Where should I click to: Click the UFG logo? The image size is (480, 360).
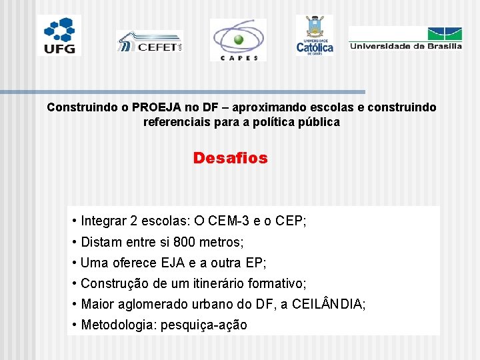(59, 35)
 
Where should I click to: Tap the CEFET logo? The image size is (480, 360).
(149, 41)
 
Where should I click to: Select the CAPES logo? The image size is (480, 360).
(237, 39)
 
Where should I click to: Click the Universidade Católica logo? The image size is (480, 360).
(315, 35)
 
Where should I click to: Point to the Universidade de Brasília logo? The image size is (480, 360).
(405, 38)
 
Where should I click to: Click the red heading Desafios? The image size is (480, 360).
(230, 159)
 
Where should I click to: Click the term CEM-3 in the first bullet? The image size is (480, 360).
(231, 221)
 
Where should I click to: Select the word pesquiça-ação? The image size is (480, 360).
(204, 325)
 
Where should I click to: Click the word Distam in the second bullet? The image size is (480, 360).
(101, 242)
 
